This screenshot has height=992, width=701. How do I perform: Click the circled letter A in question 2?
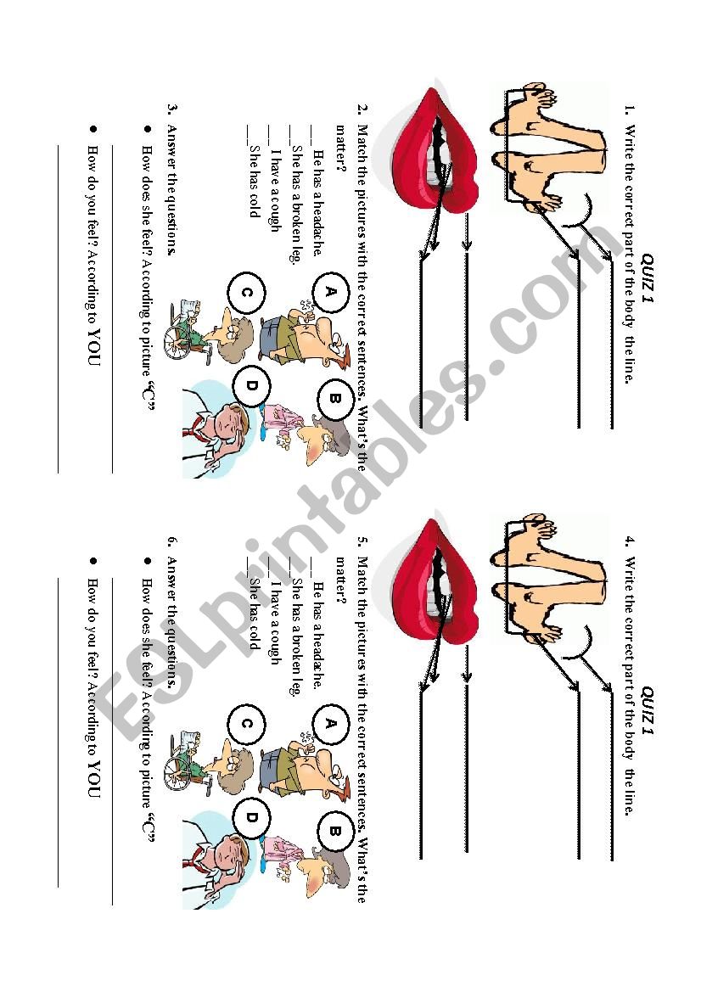click(x=330, y=291)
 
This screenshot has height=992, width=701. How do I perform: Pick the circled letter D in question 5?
click(x=251, y=817)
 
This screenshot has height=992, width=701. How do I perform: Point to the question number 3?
click(x=172, y=109)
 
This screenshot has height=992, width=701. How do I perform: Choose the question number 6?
click(x=172, y=541)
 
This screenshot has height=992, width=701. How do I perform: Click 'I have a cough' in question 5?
click(x=275, y=623)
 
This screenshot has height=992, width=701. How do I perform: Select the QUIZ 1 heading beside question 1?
click(x=648, y=278)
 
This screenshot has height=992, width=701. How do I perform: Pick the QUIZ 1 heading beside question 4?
click(x=648, y=711)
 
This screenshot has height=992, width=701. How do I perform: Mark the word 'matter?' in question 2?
click(x=342, y=150)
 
